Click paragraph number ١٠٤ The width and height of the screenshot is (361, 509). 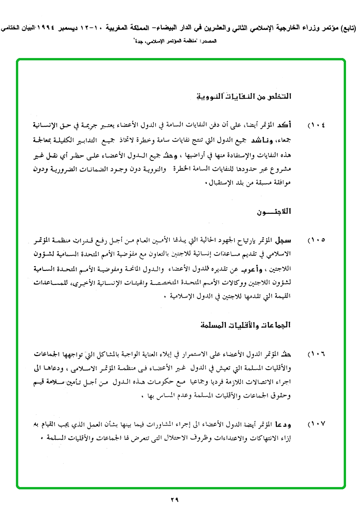[317, 126]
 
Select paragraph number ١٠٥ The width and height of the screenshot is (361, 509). [317, 240]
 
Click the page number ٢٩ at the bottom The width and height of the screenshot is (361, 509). [174, 499]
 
